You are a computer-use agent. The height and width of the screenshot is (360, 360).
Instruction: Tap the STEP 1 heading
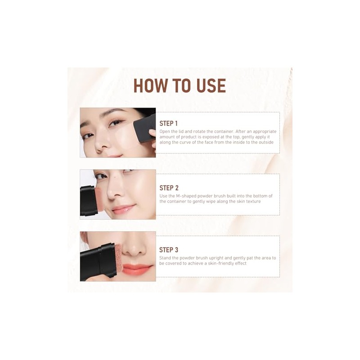(x=168, y=123)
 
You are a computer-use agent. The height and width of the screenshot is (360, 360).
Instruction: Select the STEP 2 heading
(x=169, y=188)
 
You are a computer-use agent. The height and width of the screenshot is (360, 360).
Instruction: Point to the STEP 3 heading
(x=169, y=250)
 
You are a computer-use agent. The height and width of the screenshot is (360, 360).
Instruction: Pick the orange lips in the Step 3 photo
(x=138, y=269)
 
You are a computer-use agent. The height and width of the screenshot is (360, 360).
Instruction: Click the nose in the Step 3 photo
(x=134, y=249)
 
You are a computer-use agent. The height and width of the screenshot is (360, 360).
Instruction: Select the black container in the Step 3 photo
(x=98, y=262)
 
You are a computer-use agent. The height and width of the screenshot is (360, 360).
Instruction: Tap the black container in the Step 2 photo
(x=87, y=201)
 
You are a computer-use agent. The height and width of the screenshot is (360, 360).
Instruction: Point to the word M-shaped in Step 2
(x=186, y=196)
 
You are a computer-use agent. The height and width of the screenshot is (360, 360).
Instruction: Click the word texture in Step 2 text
(x=253, y=201)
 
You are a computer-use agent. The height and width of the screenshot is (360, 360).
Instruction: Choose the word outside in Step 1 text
(x=266, y=142)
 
